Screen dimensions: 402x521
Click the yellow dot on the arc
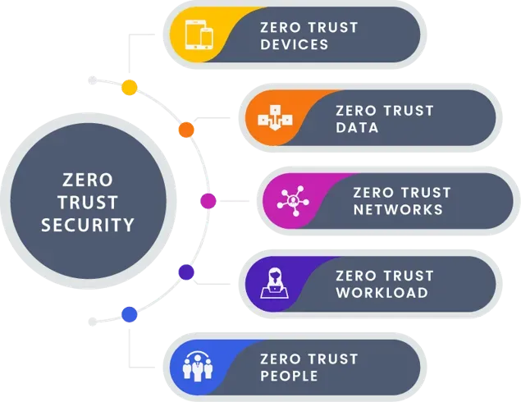point(129,88)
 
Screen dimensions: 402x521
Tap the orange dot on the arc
point(186,130)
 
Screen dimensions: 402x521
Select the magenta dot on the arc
point(208,200)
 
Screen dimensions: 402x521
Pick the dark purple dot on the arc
point(186,271)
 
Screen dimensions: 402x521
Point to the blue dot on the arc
point(129,313)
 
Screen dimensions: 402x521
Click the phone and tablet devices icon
point(200,35)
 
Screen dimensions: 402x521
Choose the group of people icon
point(200,367)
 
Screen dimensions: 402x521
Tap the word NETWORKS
point(398,209)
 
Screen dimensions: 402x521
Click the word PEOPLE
point(289,376)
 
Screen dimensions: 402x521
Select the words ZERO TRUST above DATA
point(384,111)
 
